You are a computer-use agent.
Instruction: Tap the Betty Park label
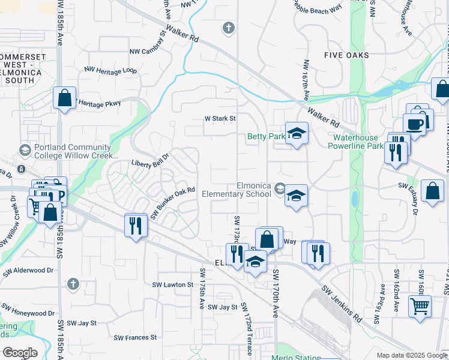coord(266,137)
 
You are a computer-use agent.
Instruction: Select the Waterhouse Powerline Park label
coord(358,142)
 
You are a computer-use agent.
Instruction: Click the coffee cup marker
coord(414,125)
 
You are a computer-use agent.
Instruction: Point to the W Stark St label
coord(220,119)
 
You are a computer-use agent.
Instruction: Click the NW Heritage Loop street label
coord(110,70)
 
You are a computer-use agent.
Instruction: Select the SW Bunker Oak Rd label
coord(173,203)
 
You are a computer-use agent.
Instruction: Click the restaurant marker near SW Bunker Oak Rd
coord(135,226)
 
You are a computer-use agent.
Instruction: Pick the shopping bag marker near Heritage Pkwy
coord(64,98)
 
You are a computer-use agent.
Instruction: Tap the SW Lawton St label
coord(172,284)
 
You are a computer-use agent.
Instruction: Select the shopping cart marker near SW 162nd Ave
coord(420,306)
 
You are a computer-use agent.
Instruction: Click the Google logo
coord(20,353)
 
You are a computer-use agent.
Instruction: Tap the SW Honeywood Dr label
coord(28,313)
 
